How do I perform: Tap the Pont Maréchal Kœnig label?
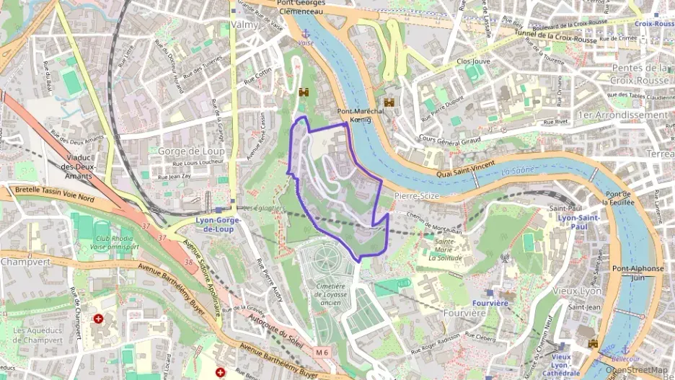pos(364,115)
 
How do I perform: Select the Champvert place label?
pos(25,262)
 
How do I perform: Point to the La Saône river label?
pos(515,171)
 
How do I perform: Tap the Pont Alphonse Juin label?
pos(637,273)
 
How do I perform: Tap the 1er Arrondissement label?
pos(623,115)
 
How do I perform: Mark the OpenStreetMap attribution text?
pos(637,370)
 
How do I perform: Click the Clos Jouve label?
pos(473,61)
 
